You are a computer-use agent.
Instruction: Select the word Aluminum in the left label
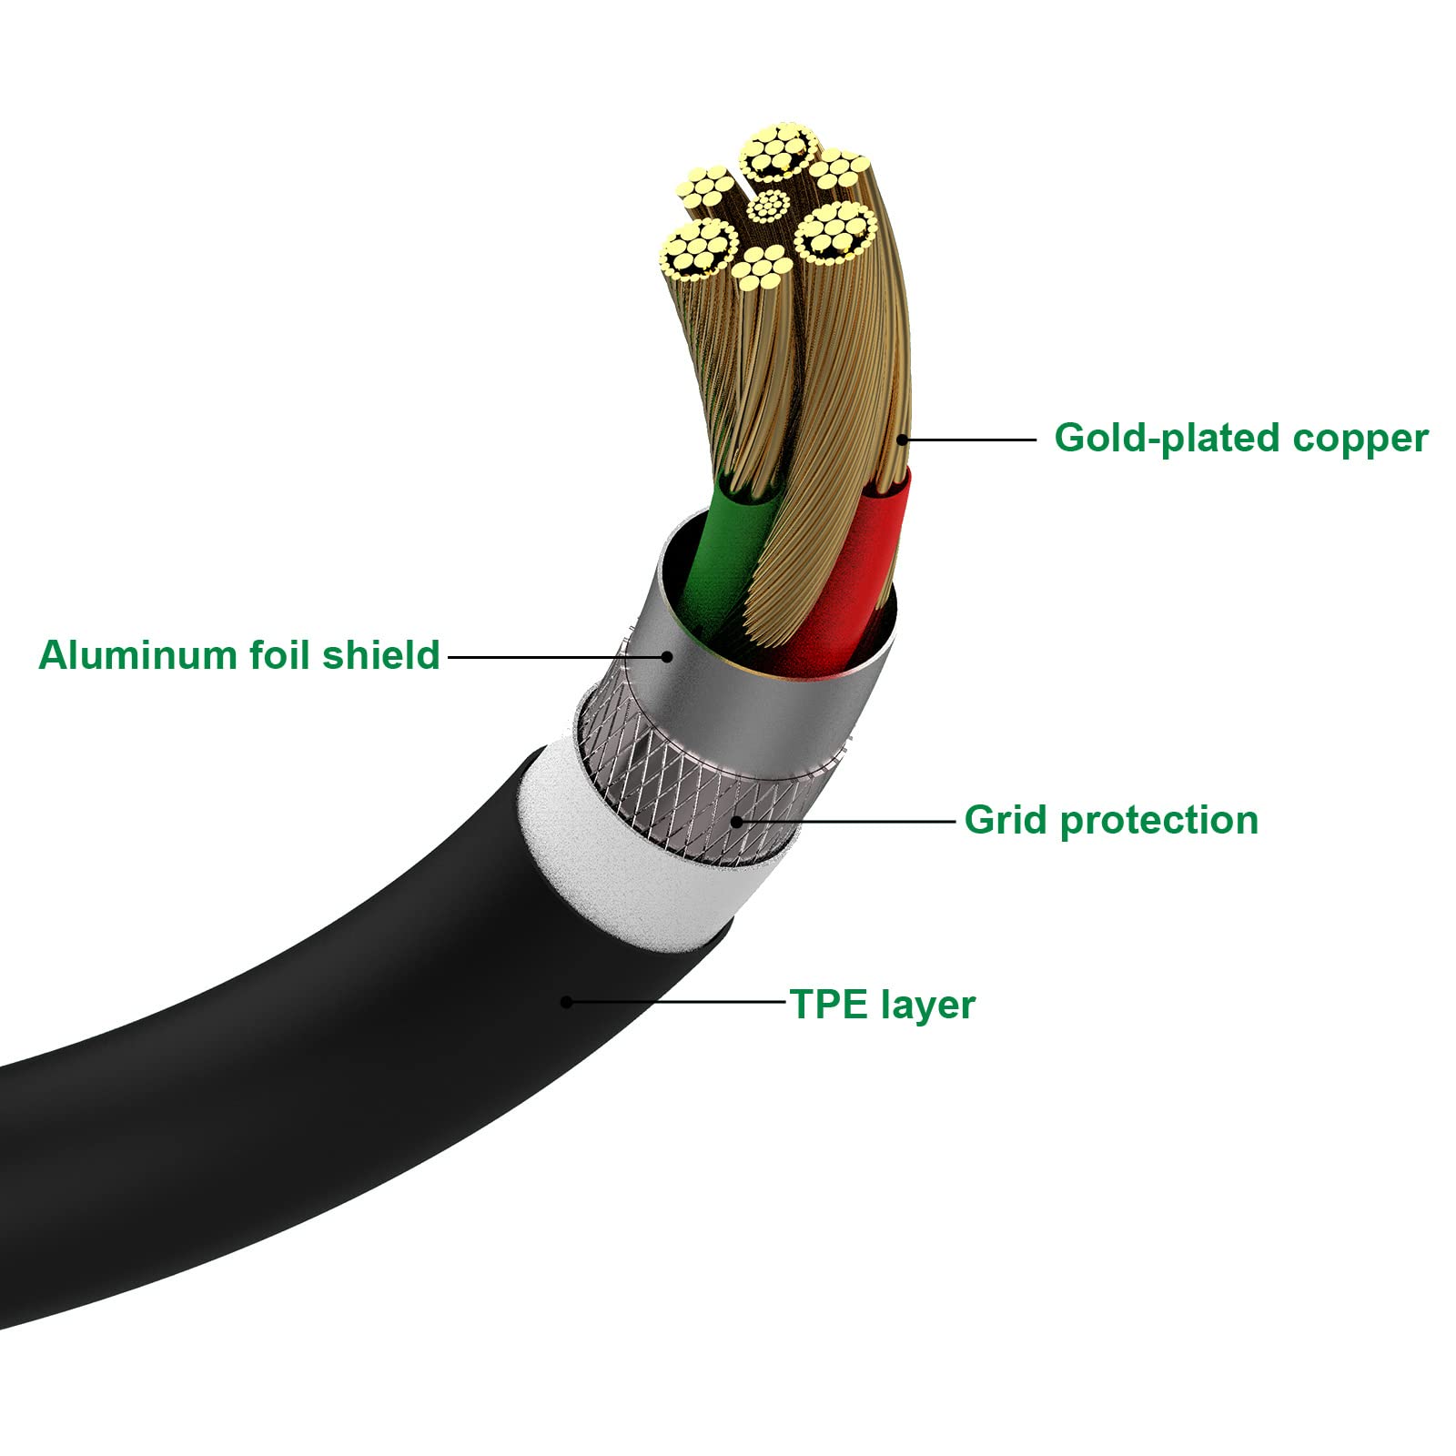139,655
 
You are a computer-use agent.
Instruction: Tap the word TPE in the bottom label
828,1005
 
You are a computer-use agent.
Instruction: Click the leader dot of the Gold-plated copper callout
902,440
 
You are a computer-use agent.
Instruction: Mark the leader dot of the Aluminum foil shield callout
666,656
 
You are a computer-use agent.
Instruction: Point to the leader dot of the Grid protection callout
736,821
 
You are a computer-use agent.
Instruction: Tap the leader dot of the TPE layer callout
566,1002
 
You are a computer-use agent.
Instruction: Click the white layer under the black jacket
628,846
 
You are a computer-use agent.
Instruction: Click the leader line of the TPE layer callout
678,1002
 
